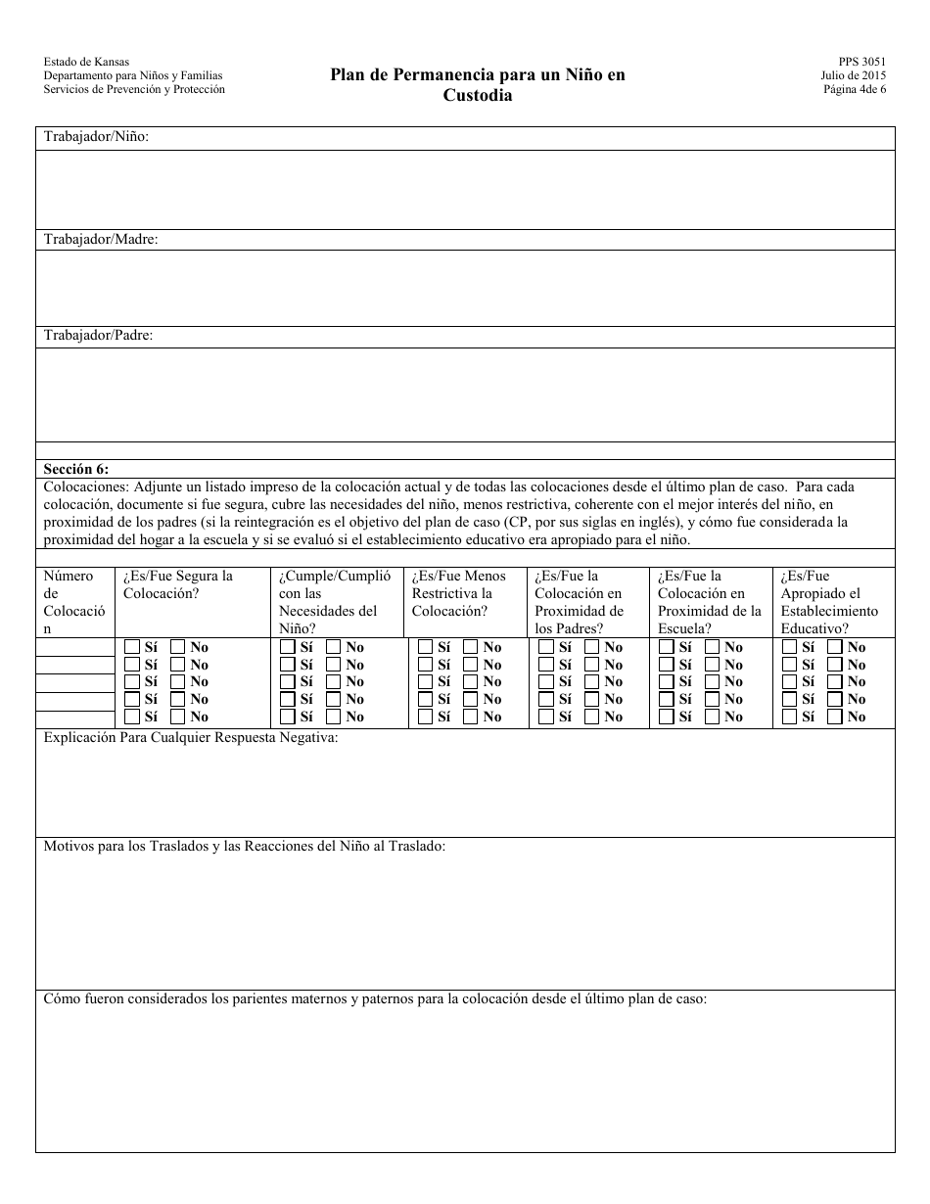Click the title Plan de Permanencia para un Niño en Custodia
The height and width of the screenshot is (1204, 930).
(x=477, y=85)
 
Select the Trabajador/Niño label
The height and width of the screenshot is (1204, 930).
(x=96, y=137)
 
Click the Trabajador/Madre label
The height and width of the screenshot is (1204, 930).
(x=101, y=239)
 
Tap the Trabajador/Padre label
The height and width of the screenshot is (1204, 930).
(x=98, y=335)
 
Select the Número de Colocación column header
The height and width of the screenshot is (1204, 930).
(x=70, y=602)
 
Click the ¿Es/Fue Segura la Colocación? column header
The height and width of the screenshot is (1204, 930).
(x=178, y=584)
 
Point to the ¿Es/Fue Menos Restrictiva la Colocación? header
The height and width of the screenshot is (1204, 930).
(x=459, y=593)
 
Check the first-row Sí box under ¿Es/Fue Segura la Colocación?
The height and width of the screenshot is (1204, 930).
(x=132, y=647)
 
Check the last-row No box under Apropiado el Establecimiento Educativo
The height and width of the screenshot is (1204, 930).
(x=835, y=717)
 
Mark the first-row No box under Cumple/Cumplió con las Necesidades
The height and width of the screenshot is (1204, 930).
(x=333, y=647)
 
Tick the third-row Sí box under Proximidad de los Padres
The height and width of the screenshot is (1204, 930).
(x=546, y=681)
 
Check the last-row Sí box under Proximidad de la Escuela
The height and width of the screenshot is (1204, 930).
(x=667, y=717)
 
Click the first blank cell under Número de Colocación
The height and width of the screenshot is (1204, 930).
(x=75, y=647)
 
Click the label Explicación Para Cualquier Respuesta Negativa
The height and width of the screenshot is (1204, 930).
(x=191, y=737)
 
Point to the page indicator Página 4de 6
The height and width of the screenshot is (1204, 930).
(x=855, y=89)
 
